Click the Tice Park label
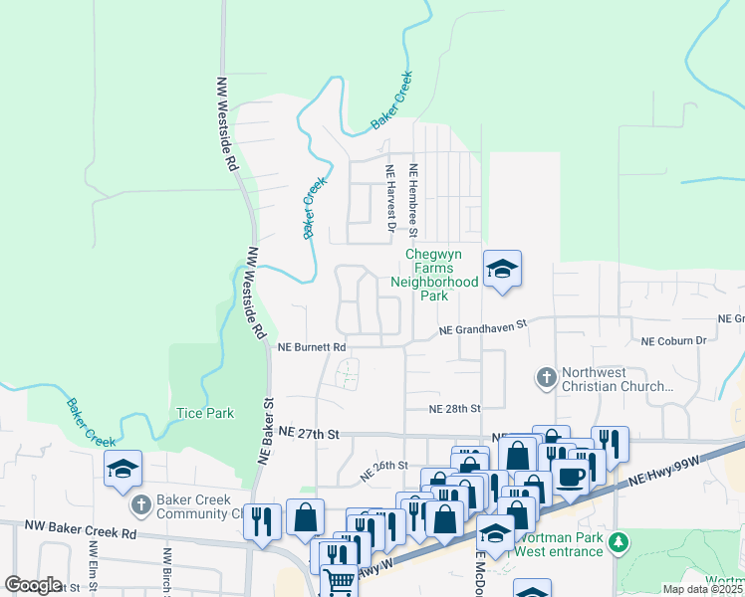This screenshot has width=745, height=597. coord(204,412)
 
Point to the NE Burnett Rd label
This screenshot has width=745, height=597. coord(312,347)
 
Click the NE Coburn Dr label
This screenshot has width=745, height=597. coord(673,340)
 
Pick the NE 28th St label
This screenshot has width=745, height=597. coord(454,408)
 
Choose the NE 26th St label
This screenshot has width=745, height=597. coord(384,465)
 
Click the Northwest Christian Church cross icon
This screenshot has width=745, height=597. coord(546,378)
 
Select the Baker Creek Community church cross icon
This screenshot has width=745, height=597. coord(140,506)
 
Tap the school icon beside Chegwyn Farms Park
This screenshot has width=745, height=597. coord(502,268)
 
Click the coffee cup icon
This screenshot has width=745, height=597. coord(570,476)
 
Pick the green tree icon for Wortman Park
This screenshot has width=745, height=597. coord(620,543)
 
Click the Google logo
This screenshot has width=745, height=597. coord(33,585)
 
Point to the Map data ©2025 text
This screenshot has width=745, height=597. coord(702,589)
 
